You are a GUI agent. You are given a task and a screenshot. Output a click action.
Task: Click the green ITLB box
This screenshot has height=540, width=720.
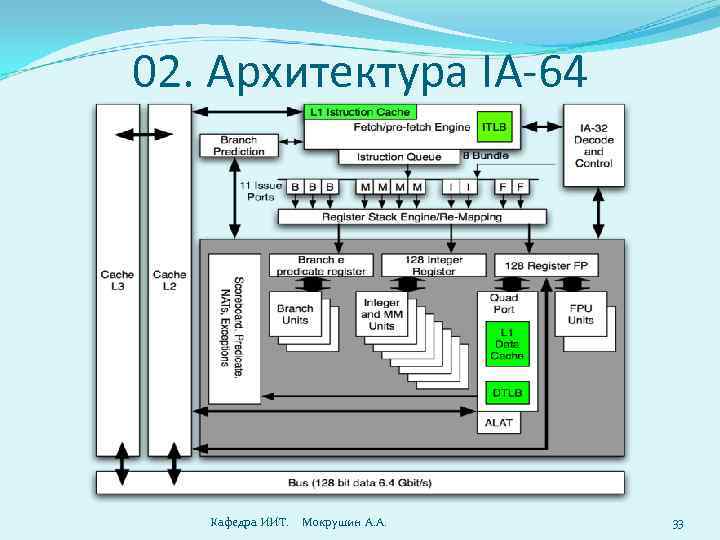pos(493,127)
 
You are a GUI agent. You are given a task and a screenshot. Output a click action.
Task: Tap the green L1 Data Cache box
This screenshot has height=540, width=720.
pos(504,342)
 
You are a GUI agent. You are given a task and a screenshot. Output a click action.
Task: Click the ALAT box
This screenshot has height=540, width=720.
pos(498,423)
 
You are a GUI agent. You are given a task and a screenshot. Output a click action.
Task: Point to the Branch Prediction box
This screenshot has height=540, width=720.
pos(238,146)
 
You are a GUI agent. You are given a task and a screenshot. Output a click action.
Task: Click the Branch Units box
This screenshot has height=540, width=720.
pos(295,315)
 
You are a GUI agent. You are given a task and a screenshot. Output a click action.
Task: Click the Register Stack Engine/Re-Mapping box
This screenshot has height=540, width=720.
pos(411,217)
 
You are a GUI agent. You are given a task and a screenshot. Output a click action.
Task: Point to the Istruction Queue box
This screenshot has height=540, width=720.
pos(397,157)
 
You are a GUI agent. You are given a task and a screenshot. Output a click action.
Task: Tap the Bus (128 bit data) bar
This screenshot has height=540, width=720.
pos(360,483)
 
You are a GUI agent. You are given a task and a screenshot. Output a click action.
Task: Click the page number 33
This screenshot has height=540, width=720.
pos(677,524)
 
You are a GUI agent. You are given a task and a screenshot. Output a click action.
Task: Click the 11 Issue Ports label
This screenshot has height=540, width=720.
pos(259,191)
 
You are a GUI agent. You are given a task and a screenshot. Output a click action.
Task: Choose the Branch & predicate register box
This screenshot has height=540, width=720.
pos(320,264)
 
